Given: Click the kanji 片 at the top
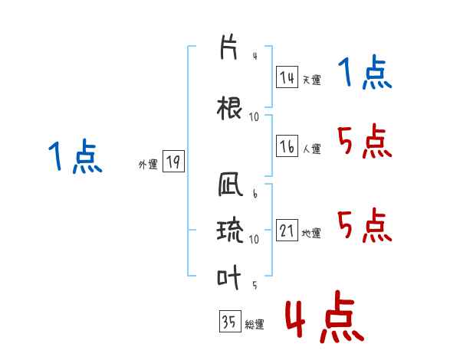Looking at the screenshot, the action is click(228, 47).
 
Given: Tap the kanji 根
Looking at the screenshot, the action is click(229, 108).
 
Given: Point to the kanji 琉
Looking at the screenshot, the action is click(230, 230).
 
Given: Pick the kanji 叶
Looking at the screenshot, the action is click(228, 277).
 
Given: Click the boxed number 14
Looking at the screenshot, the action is click(287, 77).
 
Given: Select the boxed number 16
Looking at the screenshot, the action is click(287, 146).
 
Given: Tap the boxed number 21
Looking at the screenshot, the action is click(287, 230).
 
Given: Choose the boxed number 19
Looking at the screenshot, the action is click(173, 161).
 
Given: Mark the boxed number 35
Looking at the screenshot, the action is click(230, 321).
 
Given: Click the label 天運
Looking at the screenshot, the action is click(311, 80).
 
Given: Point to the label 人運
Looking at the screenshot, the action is click(311, 149).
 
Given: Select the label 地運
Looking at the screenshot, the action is click(311, 234).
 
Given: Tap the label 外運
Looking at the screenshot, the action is click(148, 165).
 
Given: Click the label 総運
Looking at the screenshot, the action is click(255, 324).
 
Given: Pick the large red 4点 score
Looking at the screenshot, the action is click(324, 316).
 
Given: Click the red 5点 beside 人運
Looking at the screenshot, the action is click(364, 141).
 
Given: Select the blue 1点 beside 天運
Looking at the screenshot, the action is click(365, 72).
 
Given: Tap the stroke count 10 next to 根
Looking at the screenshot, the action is click(254, 117).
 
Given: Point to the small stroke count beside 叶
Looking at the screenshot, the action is click(255, 285).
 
